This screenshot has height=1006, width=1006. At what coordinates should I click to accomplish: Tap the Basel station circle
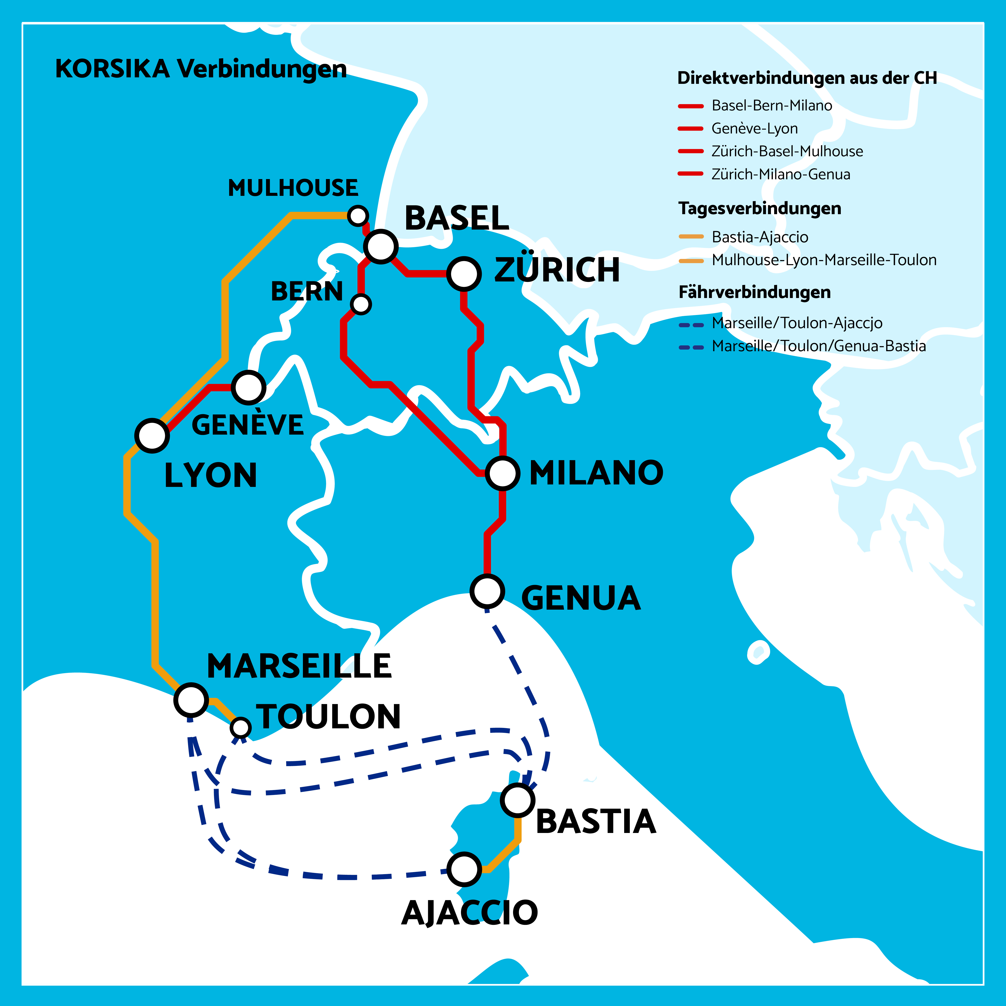(381, 246)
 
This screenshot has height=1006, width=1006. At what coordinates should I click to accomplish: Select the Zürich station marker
(463, 273)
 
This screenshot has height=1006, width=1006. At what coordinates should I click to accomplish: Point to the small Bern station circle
(361, 304)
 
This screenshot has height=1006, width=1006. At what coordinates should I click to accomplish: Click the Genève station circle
(248, 387)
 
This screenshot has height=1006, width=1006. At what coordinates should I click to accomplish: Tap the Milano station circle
(503, 473)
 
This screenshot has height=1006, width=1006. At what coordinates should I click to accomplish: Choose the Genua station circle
(487, 591)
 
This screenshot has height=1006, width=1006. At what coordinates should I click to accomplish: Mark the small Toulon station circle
(241, 727)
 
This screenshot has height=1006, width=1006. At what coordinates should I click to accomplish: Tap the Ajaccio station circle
(464, 869)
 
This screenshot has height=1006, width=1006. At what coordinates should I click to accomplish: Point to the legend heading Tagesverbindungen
(760, 208)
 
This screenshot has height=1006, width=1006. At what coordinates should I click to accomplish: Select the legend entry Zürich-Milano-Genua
(780, 174)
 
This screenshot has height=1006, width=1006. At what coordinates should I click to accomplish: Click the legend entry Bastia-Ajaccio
(760, 237)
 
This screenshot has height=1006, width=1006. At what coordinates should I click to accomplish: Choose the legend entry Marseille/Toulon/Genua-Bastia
(818, 346)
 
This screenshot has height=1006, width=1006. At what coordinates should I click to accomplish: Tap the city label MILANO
(596, 473)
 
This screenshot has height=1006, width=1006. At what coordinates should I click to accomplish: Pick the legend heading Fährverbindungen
(754, 292)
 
